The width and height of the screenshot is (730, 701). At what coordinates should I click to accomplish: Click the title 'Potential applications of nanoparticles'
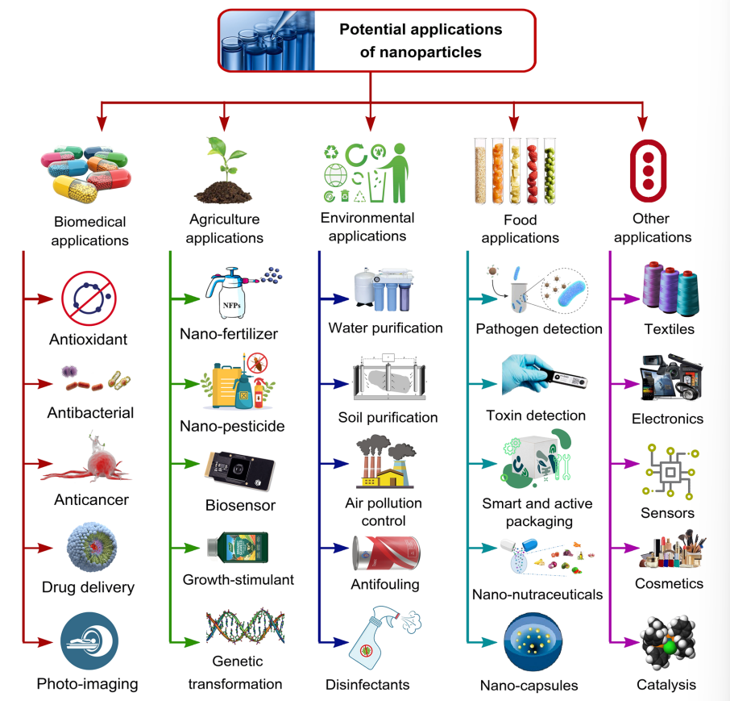(x=421, y=40)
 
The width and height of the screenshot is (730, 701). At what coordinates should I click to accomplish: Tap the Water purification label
(x=385, y=328)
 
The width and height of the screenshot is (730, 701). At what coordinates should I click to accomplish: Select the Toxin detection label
(x=536, y=415)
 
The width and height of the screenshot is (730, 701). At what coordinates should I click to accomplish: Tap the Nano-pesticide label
(x=232, y=425)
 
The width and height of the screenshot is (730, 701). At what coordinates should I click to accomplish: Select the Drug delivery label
(x=88, y=586)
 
